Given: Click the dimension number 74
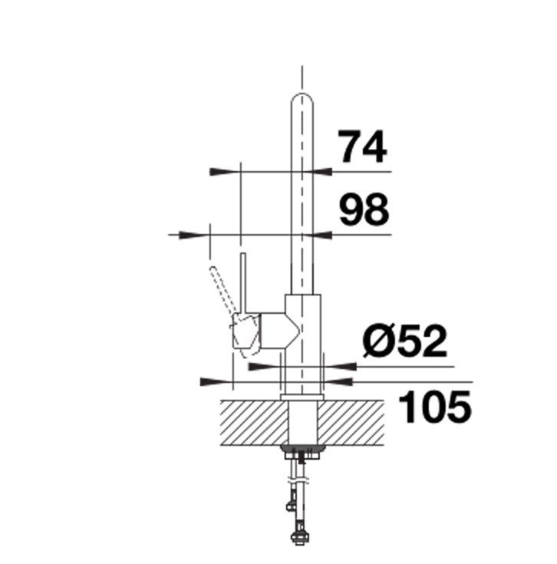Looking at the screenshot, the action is click(x=363, y=147).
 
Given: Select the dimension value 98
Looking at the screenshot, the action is click(x=364, y=209).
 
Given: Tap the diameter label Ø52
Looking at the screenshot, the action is click(x=404, y=341).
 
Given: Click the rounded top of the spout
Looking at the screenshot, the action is click(x=302, y=99).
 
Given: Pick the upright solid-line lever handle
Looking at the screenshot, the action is click(x=243, y=282).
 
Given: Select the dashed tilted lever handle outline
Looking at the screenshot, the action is click(x=222, y=289).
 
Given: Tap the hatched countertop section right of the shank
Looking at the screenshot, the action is click(x=351, y=422).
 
